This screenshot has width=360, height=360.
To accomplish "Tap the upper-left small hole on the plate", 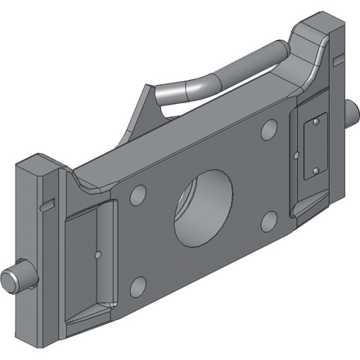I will click(138, 194).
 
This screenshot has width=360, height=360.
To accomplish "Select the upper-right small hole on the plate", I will click(269, 129).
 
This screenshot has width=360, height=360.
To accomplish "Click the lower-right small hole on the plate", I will click(268, 220).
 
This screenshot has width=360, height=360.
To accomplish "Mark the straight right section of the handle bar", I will click(250, 65).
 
